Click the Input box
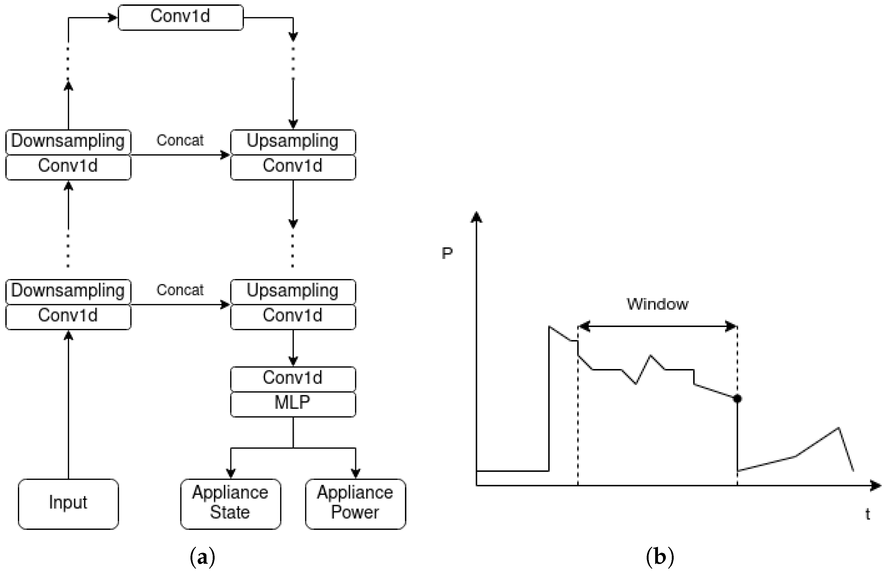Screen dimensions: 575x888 click(x=68, y=504)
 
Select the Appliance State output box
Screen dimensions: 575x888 click(x=231, y=504)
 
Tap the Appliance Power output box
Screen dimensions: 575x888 click(x=355, y=504)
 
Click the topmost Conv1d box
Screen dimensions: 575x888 click(x=181, y=17)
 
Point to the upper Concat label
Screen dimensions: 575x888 click(x=180, y=140)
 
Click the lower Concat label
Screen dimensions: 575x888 click(x=180, y=290)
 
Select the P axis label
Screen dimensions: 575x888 click(x=447, y=254)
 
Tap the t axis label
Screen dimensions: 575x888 click(x=868, y=514)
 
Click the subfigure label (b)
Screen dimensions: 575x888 click(x=659, y=557)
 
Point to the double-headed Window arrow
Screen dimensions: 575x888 click(x=657, y=327)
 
